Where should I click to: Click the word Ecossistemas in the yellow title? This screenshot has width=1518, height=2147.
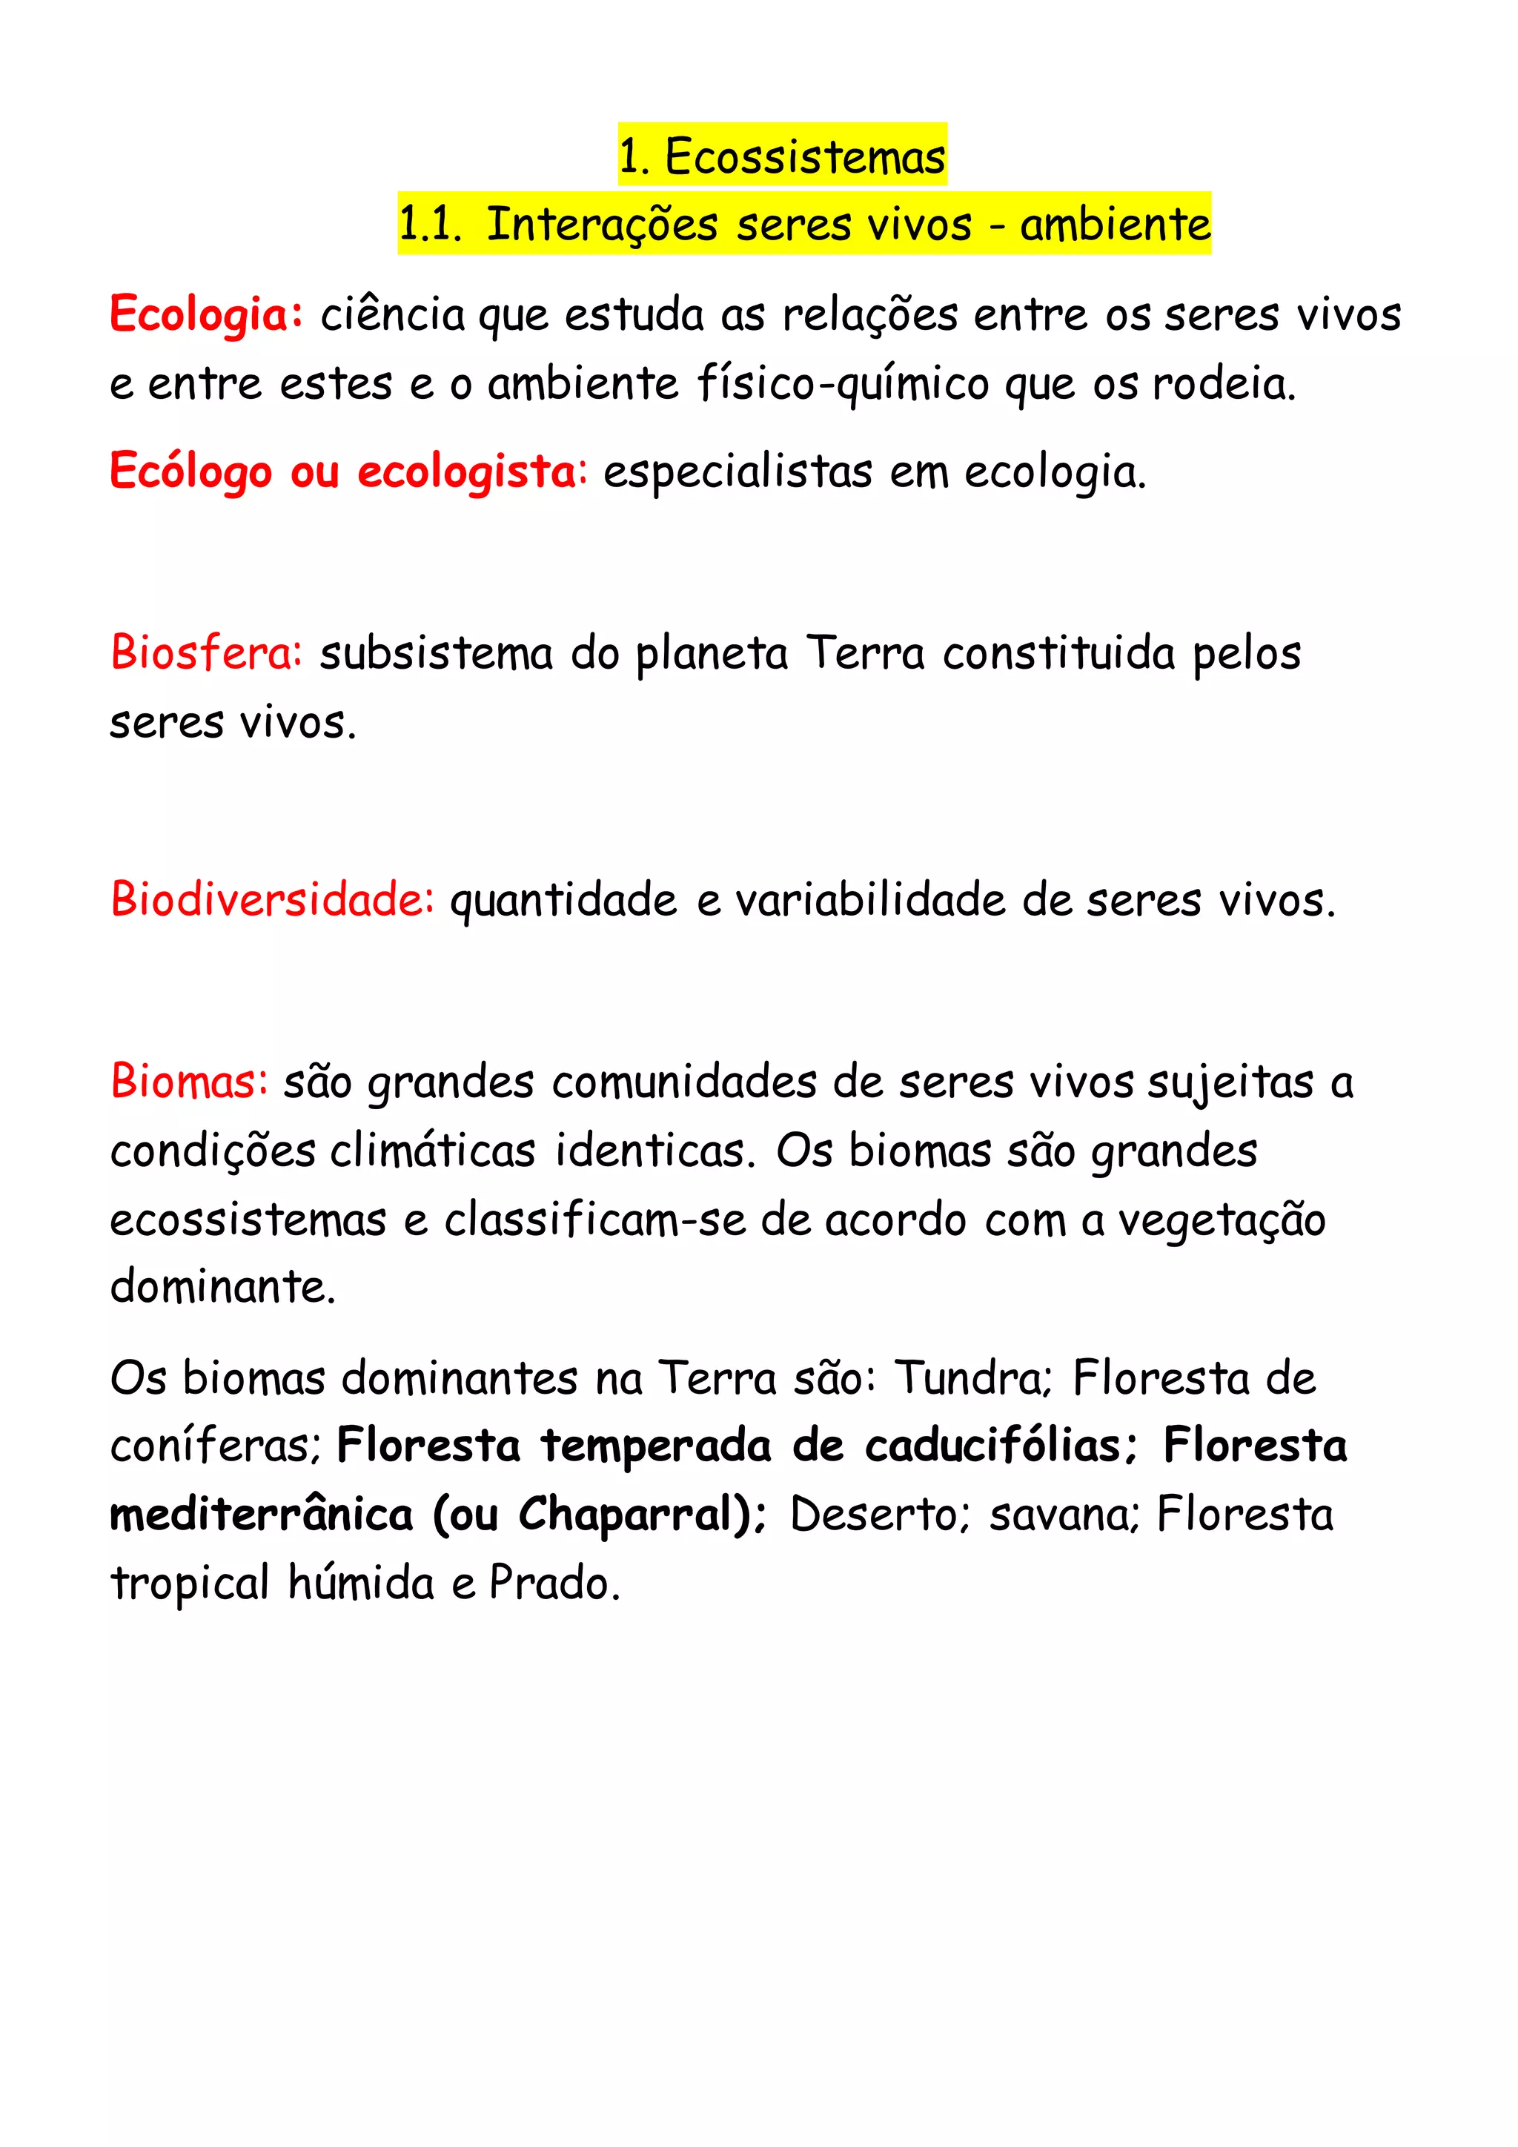tap(805, 156)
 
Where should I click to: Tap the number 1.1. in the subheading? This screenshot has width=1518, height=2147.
tap(430, 225)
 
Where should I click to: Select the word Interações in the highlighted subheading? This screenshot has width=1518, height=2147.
tap(602, 225)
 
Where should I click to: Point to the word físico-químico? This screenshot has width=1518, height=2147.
tap(843, 383)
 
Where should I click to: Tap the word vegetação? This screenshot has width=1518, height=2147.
tap(1222, 1220)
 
